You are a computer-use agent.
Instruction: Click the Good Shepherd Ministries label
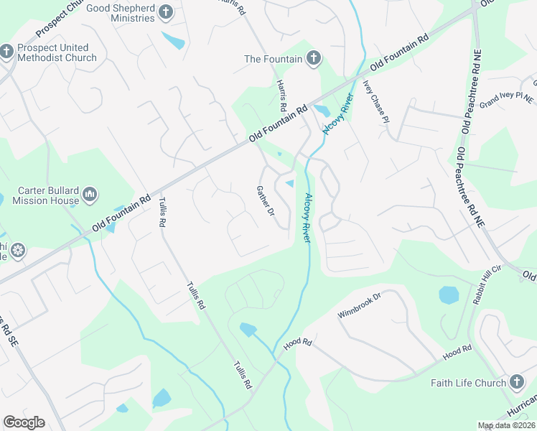(120, 13)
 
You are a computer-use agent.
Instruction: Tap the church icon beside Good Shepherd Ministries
(166, 12)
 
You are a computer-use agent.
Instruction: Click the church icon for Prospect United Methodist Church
(6, 52)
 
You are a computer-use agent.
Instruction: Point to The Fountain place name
(271, 59)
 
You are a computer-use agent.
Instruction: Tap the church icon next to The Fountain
(313, 59)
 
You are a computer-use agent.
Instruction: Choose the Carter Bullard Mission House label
(45, 195)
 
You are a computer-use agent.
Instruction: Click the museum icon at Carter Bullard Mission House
(90, 194)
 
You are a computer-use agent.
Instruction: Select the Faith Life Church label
(468, 383)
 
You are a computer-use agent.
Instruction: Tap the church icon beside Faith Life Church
(517, 382)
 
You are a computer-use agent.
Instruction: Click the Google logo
(24, 422)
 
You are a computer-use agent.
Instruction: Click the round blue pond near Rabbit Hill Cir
(449, 295)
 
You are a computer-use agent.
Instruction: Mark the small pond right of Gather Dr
(290, 185)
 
